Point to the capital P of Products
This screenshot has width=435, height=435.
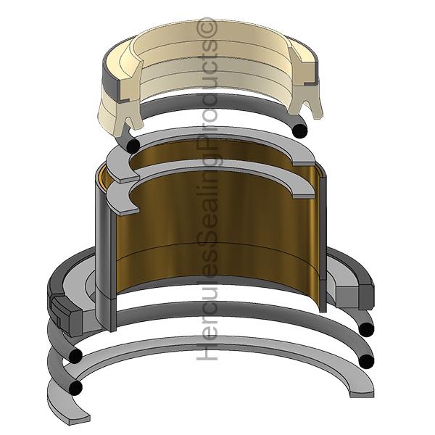click(207, 138)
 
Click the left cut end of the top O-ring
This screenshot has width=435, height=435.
click(133, 145)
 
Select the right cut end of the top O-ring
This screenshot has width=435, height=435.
click(300, 130)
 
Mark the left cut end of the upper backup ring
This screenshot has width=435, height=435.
click(130, 179)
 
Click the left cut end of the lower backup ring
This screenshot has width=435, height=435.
click(130, 210)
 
